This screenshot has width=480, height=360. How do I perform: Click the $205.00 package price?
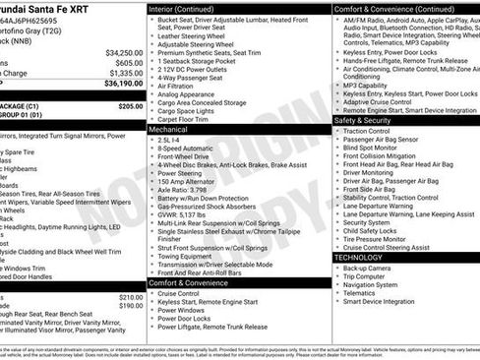130,105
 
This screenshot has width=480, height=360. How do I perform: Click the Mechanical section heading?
168,129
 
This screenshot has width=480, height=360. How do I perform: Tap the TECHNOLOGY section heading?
359,257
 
